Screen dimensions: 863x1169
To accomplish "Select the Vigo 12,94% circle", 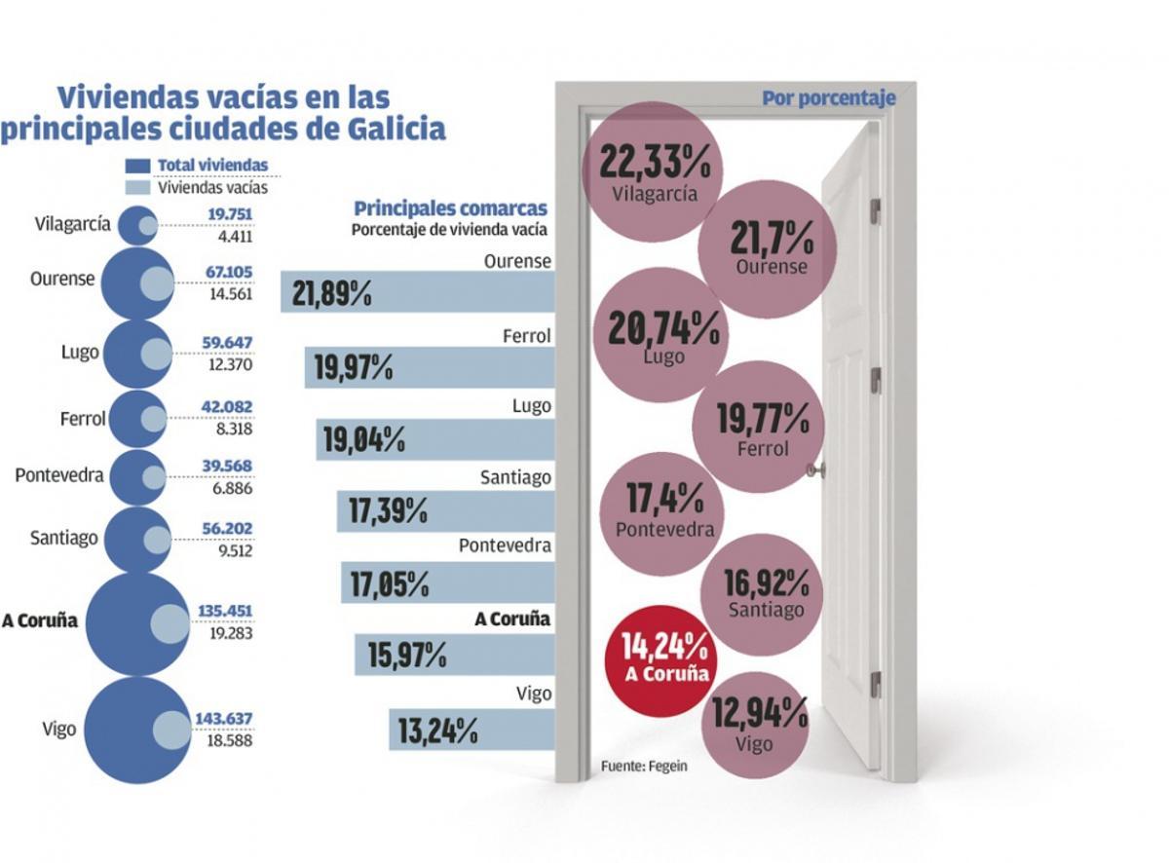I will [x=759, y=725].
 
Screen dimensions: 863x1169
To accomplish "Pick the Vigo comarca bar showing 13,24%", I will [x=471, y=730].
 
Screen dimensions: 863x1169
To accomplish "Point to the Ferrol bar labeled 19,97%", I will [x=429, y=367].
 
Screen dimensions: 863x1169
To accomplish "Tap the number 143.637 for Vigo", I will [x=224, y=719].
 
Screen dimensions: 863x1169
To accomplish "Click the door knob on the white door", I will [x=815, y=469].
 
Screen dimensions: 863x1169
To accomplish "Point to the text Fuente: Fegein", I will [x=644, y=766].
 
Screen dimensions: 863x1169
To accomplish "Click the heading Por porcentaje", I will [x=827, y=98].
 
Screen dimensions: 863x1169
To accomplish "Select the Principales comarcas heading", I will [x=450, y=208].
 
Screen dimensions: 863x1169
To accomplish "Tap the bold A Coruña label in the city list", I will [x=40, y=621].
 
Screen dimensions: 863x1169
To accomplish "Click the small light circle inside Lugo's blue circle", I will [x=156, y=354].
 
